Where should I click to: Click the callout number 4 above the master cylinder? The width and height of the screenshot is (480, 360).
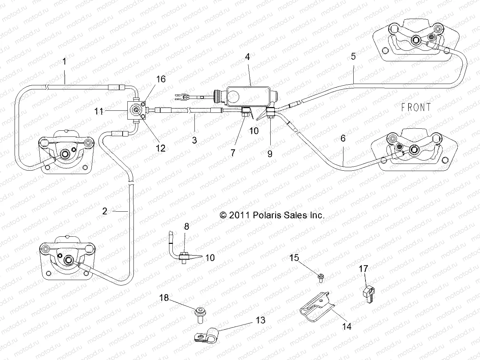pyautogui.click(x=247, y=57)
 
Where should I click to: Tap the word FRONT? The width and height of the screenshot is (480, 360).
pyautogui.click(x=416, y=107)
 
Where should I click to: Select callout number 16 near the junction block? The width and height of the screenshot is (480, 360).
pyautogui.click(x=161, y=79)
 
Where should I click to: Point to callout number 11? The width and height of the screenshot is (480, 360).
pyautogui.click(x=99, y=111)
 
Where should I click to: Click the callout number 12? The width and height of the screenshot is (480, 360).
pyautogui.click(x=161, y=148)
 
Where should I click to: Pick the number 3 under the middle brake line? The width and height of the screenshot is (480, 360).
pyautogui.click(x=194, y=140)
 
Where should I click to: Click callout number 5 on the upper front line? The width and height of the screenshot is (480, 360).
pyautogui.click(x=353, y=56)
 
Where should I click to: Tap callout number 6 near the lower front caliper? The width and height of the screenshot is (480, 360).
pyautogui.click(x=343, y=138)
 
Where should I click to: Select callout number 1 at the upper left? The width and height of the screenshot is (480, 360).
pyautogui.click(x=65, y=61)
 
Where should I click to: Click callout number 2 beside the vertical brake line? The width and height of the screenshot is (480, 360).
pyautogui.click(x=105, y=211)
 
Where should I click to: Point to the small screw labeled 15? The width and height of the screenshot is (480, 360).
pyautogui.click(x=320, y=278)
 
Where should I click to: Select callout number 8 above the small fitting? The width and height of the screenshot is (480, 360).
pyautogui.click(x=186, y=227)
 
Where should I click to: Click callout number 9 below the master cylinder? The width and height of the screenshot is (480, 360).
pyautogui.click(x=270, y=154)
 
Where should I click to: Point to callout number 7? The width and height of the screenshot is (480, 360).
pyautogui.click(x=233, y=153)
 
